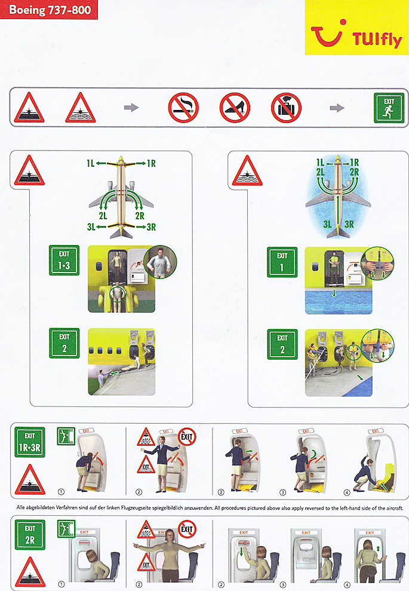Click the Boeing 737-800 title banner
(x=48, y=10)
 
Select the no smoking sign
(x=183, y=108)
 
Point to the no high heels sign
(x=235, y=108)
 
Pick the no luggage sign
(x=286, y=108)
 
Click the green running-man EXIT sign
(x=389, y=108)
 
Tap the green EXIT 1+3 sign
(x=64, y=260)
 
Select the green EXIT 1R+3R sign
(x=30, y=442)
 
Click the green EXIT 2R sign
(x=30, y=535)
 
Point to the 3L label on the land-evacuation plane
(x=91, y=227)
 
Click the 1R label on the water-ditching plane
(x=355, y=163)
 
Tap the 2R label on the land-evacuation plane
(x=139, y=216)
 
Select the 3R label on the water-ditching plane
(x=349, y=224)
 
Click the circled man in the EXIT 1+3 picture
(x=161, y=262)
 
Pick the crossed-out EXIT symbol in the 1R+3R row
(x=187, y=437)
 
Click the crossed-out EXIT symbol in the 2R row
(x=187, y=529)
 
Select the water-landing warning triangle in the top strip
(x=80, y=108)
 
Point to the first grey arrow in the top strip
(x=131, y=108)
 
